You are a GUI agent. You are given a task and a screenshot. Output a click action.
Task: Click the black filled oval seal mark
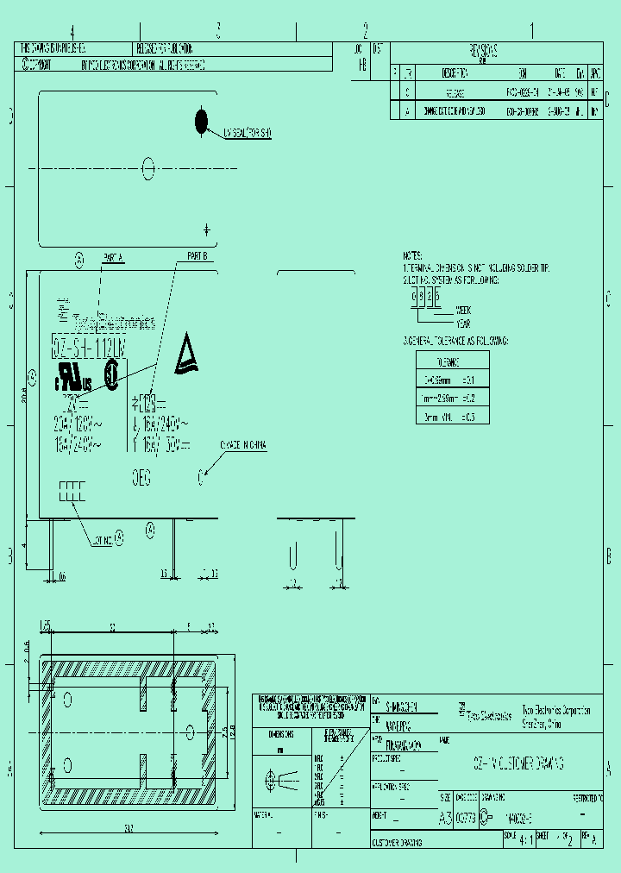pos(202,121)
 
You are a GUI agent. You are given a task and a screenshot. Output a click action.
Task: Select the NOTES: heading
pos(413,256)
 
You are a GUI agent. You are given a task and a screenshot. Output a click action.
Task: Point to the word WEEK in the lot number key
pos(463,310)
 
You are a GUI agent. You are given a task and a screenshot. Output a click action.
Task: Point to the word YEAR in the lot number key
pos(463,322)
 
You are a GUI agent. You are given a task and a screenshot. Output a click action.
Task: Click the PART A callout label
pos(113,257)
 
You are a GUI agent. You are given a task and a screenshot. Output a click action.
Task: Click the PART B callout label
pos(197,257)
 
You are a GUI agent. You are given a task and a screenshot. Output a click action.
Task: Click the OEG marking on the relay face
pos(141,474)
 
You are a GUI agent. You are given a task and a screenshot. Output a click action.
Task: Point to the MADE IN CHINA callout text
pos(244,446)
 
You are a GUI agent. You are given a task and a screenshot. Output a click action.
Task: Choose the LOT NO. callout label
pos(102,540)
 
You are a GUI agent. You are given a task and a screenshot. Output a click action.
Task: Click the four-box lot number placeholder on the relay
pos(72,492)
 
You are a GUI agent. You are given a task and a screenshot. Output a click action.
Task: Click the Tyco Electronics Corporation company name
pos(556,711)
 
